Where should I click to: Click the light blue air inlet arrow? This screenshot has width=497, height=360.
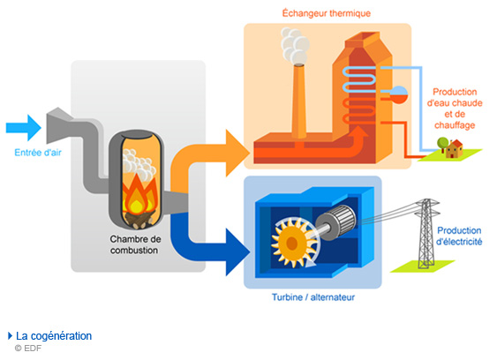tap(24, 128)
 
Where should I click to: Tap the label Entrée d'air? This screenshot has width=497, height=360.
tap(38, 153)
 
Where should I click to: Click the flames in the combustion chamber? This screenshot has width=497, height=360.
tap(139, 195)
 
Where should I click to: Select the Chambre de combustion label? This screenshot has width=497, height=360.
tap(135, 244)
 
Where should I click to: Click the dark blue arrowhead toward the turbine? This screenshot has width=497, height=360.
tap(237, 251)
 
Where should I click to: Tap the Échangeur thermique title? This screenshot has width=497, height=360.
tap(327, 13)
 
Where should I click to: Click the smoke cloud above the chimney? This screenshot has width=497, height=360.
tap(296, 46)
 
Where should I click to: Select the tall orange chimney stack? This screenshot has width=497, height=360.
tap(298, 101)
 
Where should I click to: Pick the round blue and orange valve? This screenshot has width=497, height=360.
tap(399, 94)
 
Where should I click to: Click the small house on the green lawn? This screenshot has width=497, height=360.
tap(454, 148)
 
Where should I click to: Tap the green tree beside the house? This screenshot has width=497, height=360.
tap(443, 144)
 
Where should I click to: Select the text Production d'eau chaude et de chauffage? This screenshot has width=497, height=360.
tap(455, 109)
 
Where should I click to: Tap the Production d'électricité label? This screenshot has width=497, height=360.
tap(459, 236)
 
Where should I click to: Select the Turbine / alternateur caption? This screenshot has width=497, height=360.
tap(313, 297)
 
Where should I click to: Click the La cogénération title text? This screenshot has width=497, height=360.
tap(54, 336)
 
